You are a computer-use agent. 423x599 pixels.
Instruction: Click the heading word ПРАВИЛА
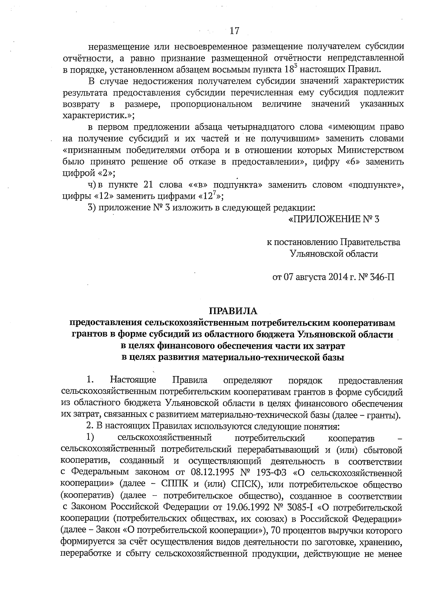234,311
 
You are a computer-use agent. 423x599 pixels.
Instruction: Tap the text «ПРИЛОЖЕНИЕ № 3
333,220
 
